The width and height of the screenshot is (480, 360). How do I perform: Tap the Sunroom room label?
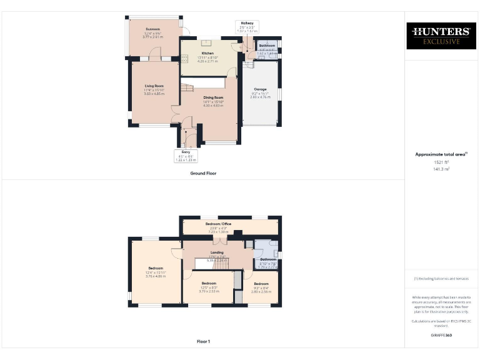click(152, 29)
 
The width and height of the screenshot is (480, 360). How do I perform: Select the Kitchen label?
click(207, 54)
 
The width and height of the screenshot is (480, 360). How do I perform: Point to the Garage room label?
click(260, 89)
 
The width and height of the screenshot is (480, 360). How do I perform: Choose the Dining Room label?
click(213, 98)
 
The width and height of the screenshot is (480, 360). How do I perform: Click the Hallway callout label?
click(247, 23)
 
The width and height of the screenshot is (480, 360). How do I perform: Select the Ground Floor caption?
click(203, 173)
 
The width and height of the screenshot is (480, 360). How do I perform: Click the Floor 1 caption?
click(203, 342)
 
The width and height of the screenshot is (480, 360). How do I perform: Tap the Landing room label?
click(216, 253)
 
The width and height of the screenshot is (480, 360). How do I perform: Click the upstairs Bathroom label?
click(267, 259)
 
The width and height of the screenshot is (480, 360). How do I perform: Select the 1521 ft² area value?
click(442, 162)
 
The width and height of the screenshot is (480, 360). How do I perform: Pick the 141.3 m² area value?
click(442, 169)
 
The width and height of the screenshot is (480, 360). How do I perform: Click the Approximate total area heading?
click(441, 154)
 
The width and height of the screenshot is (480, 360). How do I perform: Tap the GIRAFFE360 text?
click(442, 336)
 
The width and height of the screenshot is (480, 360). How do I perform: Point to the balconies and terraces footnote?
click(442, 278)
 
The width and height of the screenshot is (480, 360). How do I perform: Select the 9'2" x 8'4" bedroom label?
click(261, 284)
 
